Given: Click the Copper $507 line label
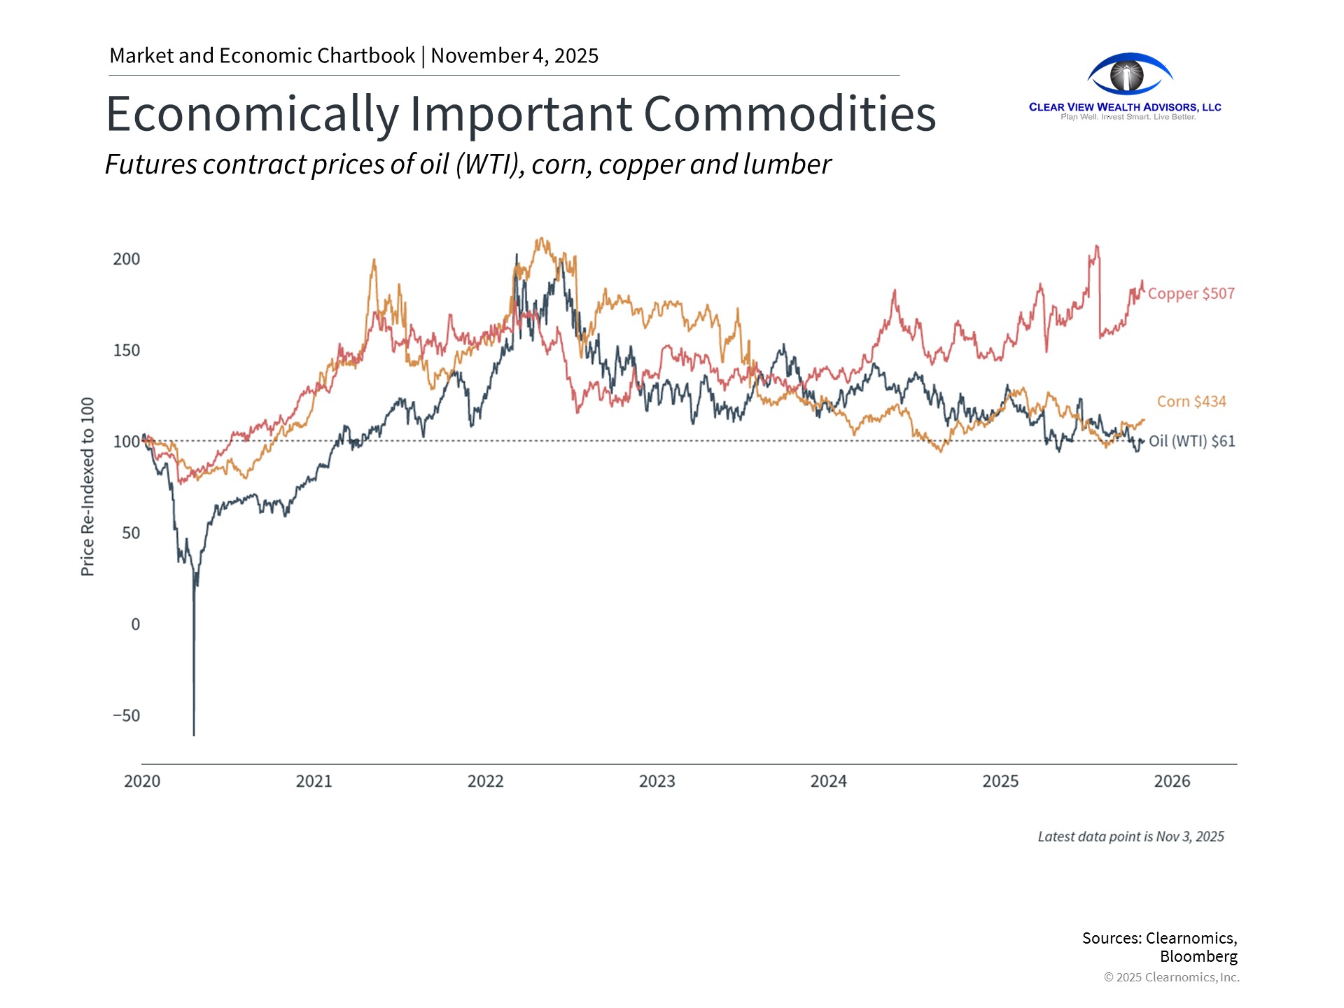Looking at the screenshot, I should tap(1191, 294).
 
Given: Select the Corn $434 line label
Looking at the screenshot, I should tap(1191, 402).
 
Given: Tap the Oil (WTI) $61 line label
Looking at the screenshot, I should tap(1191, 442).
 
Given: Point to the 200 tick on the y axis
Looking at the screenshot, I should tap(127, 260).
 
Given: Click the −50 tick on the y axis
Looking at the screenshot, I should tap(127, 716).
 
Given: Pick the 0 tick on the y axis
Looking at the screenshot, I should tap(135, 624).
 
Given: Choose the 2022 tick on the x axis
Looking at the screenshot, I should tap(486, 782).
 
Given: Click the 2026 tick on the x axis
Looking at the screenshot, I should tap(1172, 782).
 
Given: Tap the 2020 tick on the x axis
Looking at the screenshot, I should tap(142, 782).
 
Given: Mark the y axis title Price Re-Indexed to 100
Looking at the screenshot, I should tap(87, 487).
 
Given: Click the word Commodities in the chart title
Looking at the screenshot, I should tap(790, 114).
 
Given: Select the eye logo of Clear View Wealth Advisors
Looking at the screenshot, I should tap(1128, 75).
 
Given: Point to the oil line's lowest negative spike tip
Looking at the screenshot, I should tap(194, 734).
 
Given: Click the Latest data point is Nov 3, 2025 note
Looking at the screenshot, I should tap(1130, 837).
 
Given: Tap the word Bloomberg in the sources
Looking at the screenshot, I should tap(1198, 957).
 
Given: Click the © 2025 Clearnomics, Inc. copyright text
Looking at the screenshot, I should tap(1171, 978).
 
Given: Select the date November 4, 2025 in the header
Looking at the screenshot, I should tap(514, 56).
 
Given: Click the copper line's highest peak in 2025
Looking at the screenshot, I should tap(1097, 246).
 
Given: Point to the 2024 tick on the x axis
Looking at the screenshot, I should tap(829, 782).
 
